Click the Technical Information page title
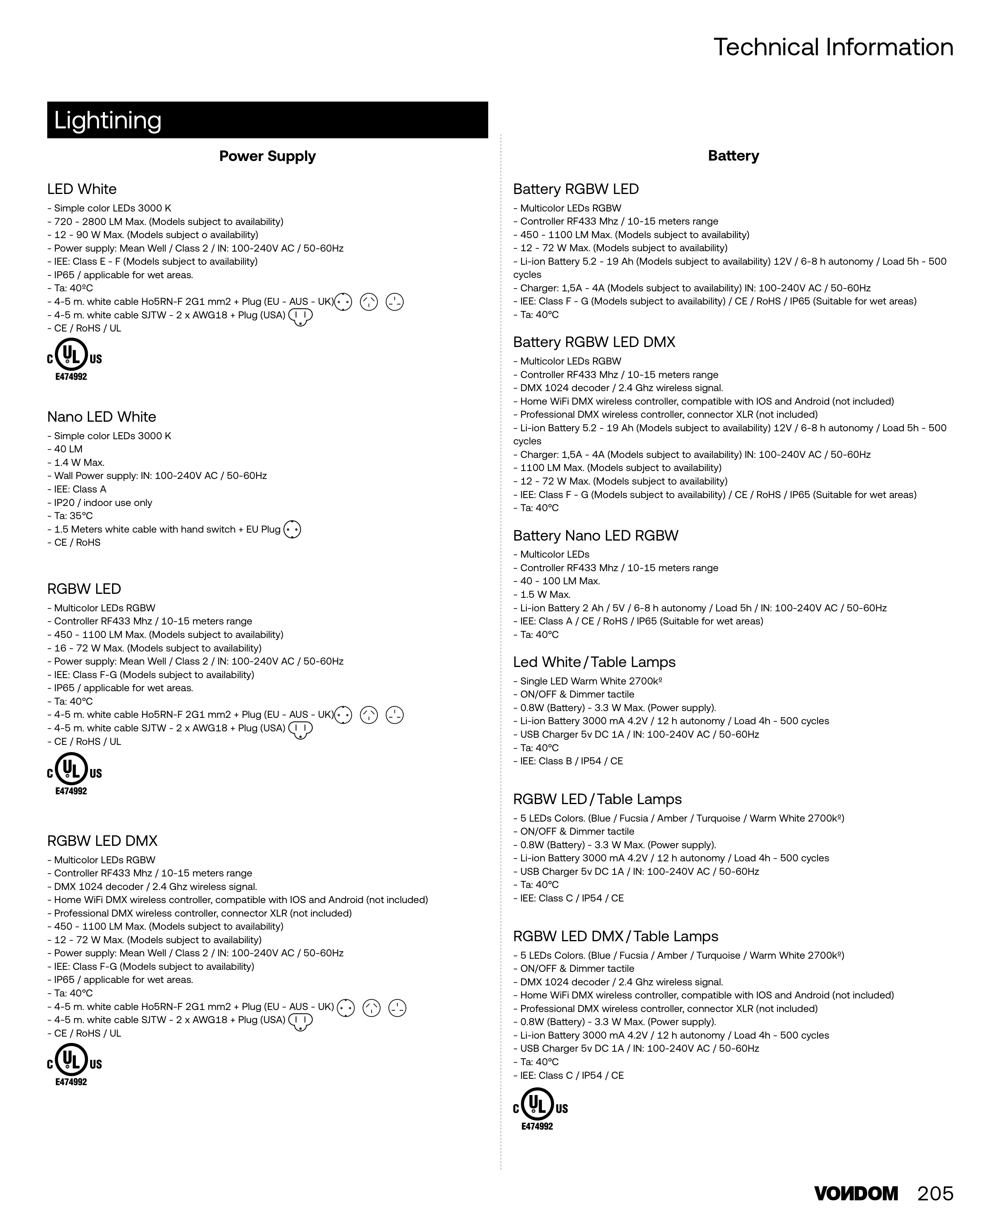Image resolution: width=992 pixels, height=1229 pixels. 833,47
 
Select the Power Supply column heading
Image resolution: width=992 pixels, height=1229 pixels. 267,156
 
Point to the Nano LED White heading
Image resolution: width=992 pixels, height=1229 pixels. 102,417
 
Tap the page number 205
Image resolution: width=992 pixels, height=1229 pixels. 936,1194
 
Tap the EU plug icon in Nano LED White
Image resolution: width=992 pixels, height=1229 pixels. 292,529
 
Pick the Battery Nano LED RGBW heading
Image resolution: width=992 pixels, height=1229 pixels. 596,536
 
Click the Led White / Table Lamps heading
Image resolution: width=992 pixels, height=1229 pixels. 594,662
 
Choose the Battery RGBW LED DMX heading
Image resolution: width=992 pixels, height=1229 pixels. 594,342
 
